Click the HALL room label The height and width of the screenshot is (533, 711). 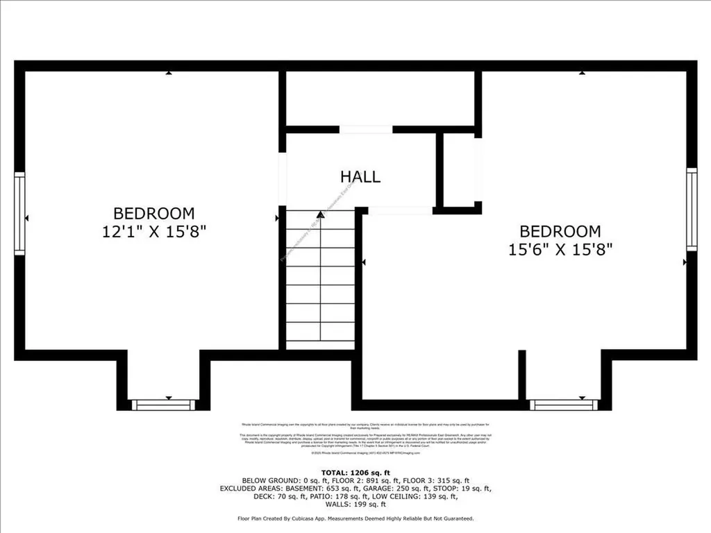point(360,177)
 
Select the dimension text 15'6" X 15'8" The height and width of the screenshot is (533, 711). point(560,248)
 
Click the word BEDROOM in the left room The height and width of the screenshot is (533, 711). point(154,214)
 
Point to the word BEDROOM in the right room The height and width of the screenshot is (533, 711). point(560,231)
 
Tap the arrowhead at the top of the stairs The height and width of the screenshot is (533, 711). point(320,216)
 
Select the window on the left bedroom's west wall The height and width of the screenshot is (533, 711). point(19,214)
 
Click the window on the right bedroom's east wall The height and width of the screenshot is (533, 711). point(692,209)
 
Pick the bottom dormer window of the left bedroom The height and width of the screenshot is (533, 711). point(164,405)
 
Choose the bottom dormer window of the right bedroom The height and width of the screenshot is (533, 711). point(562,405)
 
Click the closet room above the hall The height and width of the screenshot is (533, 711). point(380,98)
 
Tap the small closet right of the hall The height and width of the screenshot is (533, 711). point(459,170)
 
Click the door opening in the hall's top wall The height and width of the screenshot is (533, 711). point(366,130)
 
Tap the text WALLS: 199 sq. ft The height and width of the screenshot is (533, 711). point(355,505)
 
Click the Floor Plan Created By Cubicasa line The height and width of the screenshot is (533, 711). point(355,519)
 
